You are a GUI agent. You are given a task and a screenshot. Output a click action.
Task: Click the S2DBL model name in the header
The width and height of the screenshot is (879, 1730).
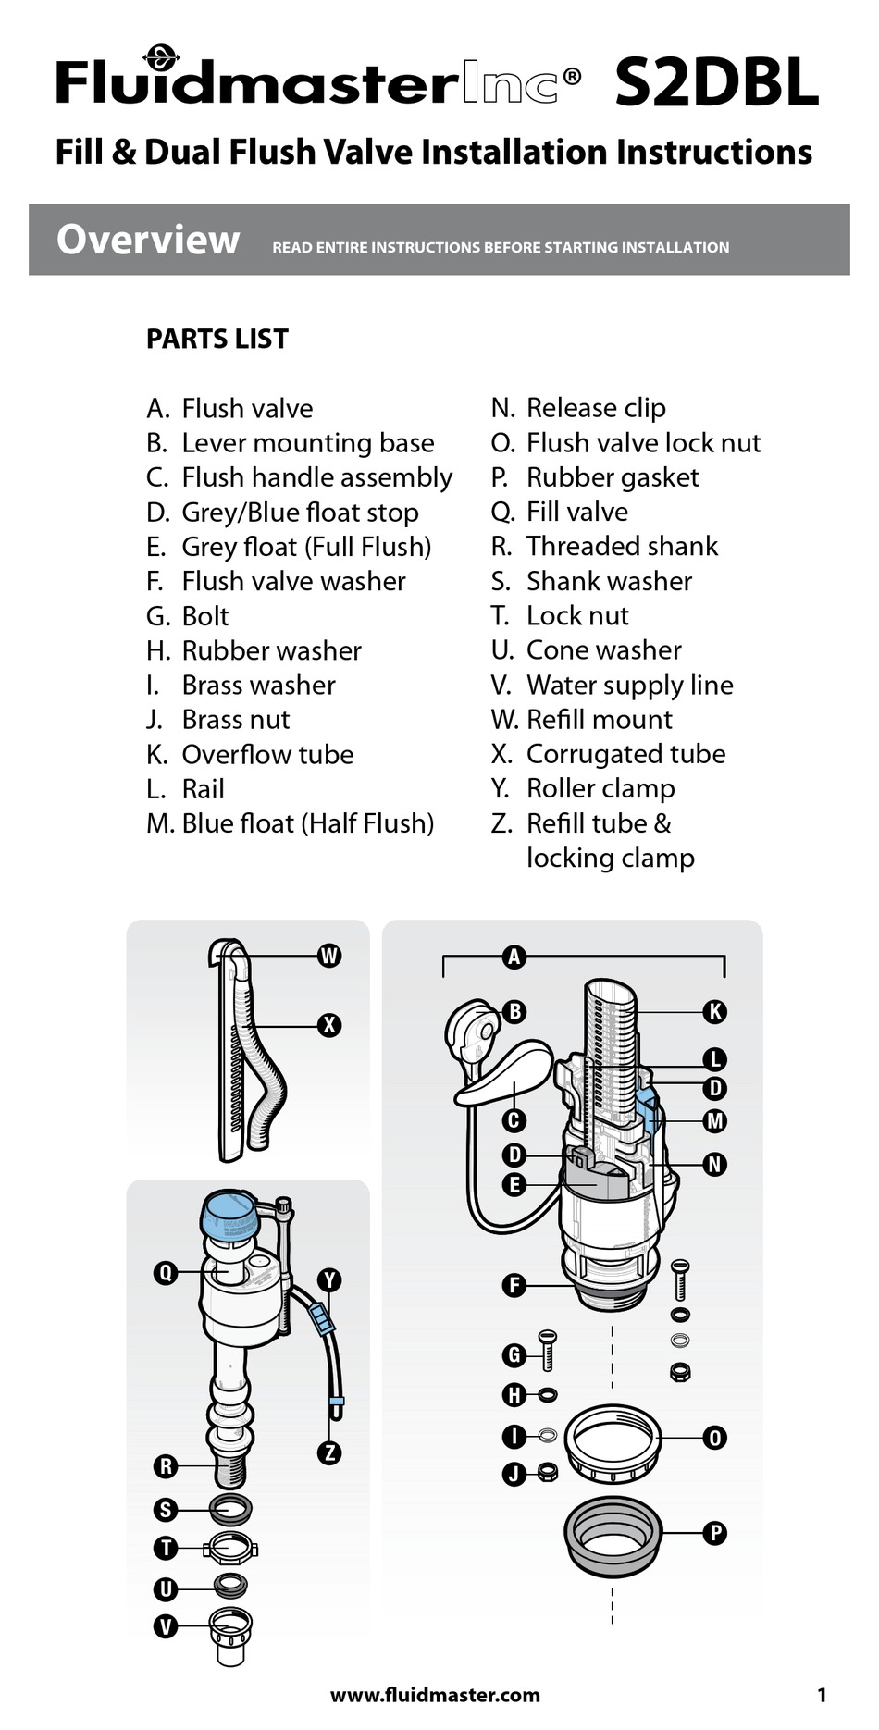coord(716,82)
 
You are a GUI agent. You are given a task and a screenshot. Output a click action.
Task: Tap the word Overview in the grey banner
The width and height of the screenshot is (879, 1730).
coord(148,240)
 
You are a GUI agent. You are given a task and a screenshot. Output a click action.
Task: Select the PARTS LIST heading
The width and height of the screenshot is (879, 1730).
coord(217,339)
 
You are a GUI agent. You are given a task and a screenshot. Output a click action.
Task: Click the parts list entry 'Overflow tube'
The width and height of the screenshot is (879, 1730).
coord(267,754)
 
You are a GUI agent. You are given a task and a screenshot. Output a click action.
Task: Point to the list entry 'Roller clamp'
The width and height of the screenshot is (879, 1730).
coord(600,788)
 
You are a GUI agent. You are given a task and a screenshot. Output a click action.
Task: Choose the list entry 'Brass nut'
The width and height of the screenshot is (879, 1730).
coord(236,720)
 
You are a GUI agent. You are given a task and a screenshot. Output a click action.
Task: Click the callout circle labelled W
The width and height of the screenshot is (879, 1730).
coord(329,956)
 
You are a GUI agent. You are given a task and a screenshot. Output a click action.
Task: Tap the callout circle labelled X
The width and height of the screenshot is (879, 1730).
coord(329,1025)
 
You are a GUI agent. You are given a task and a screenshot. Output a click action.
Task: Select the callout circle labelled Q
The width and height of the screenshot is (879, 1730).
coord(166,1273)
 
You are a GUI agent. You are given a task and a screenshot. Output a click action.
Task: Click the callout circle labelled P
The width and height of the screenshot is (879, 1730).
coord(714,1533)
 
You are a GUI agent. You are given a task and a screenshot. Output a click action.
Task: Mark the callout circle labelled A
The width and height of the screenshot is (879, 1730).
coord(514,957)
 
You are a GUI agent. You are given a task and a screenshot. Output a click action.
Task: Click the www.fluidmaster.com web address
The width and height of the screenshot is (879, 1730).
coord(435,1695)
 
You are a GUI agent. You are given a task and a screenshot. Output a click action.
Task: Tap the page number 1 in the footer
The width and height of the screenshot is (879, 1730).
coord(822,1695)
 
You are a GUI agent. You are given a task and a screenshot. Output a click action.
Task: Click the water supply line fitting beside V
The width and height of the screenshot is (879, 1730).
coord(229,1636)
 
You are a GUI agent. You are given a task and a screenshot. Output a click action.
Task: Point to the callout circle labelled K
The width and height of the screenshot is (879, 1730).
coord(714,1012)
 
